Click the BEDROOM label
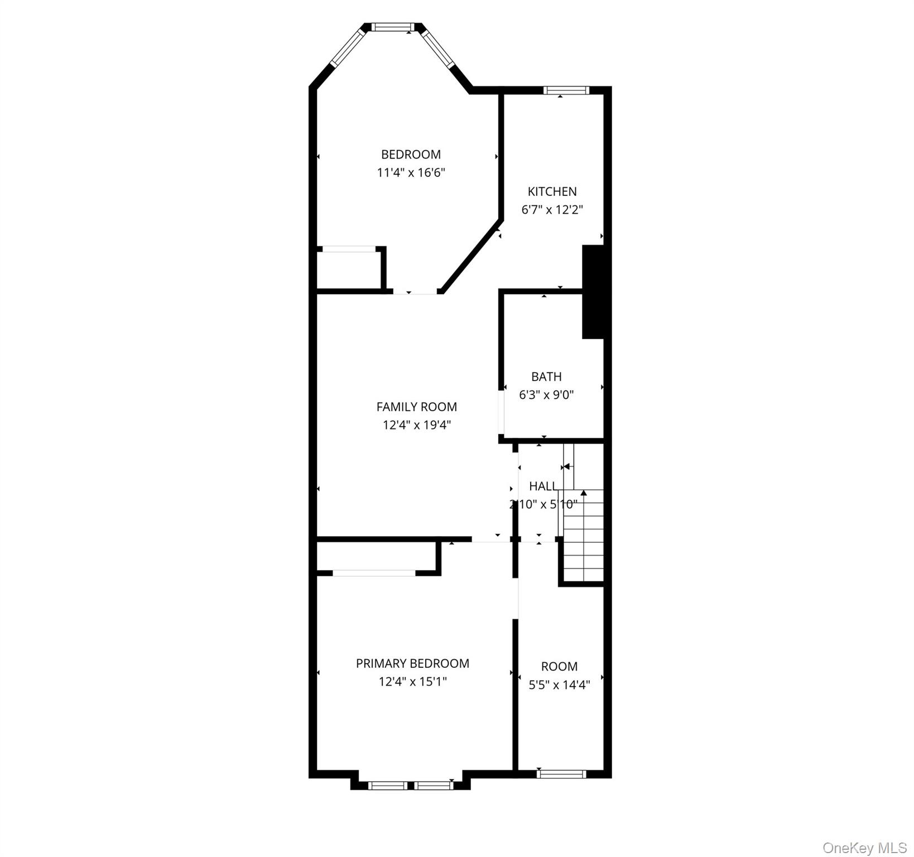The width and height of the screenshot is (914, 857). coord(411,155)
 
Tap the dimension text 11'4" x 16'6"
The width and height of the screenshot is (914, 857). coord(411,172)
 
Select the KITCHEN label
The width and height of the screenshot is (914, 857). coord(552,191)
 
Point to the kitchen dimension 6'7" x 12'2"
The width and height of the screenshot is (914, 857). coord(552,210)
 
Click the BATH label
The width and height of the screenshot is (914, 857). coord(546,377)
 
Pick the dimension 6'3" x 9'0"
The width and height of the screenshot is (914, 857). coord(546,395)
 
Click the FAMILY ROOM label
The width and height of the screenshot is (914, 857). coord(416,407)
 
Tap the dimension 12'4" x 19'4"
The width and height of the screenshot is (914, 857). coord(416,425)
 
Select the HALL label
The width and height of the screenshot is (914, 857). coord(542,486)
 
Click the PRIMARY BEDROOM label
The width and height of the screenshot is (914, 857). coord(412,663)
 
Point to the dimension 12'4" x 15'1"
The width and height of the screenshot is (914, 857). coord(412,682)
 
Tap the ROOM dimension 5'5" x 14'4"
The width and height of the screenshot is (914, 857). coord(559,685)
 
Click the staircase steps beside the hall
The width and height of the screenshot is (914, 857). coord(583,536)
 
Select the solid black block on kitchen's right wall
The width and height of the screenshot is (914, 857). coord(593,291)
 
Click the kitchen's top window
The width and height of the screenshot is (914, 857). coord(566,90)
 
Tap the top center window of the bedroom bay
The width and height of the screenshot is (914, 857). coord(393,27)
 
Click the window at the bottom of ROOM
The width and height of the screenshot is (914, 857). coord(561,774)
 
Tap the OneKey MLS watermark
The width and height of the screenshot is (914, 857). coord(864,848)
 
